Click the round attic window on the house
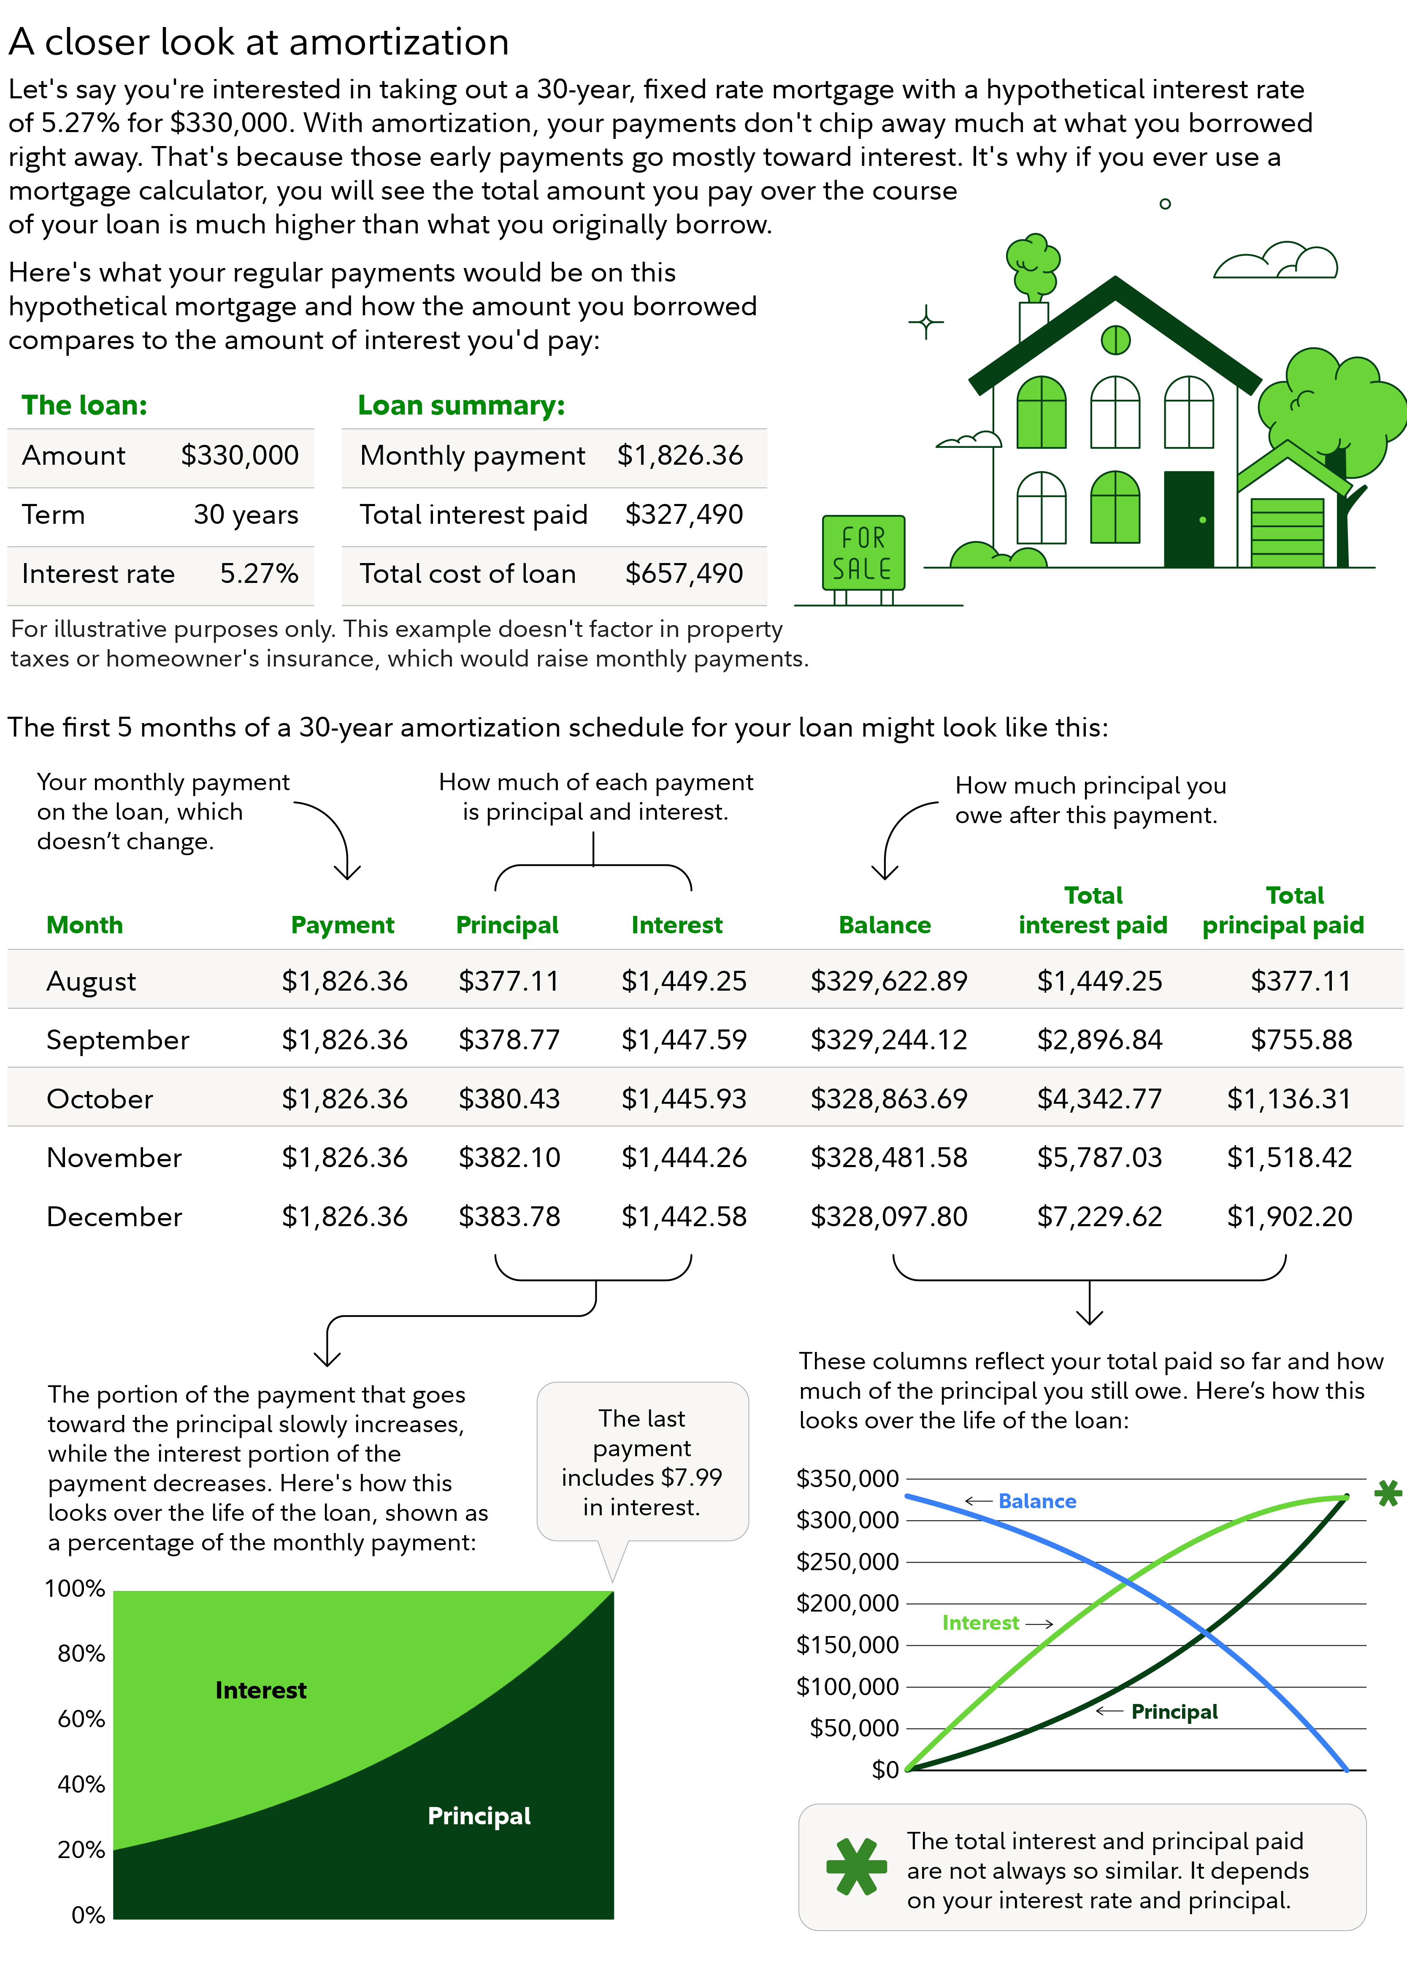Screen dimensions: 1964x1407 (x=1115, y=339)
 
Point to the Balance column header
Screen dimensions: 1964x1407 (x=884, y=925)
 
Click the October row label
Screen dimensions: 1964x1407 (x=100, y=1099)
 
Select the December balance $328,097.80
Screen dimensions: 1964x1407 (x=888, y=1216)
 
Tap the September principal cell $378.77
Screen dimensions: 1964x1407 (x=509, y=1040)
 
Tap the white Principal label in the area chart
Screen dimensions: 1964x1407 (x=479, y=1816)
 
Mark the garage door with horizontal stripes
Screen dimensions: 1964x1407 (x=1287, y=533)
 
